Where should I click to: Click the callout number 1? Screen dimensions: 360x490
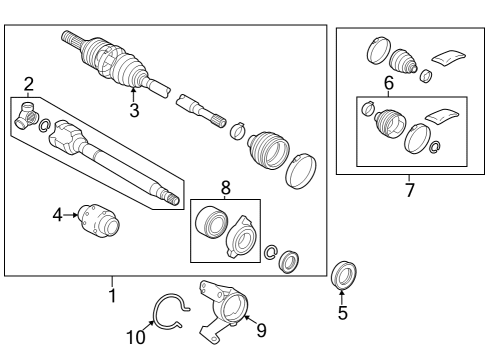112,296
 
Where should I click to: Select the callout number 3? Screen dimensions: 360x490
134,110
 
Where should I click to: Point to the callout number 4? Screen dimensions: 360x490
58,212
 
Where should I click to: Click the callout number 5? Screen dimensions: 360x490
342,313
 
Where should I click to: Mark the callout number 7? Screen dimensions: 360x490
409,190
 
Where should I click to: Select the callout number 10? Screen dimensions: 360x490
135,337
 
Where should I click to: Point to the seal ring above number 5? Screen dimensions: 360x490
343,273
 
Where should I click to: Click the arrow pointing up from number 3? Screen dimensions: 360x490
134,94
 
